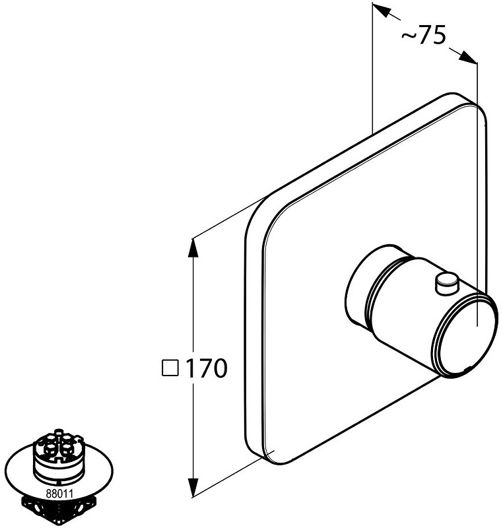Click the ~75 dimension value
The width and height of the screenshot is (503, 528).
coord(424,35)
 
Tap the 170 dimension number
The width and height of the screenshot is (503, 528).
coord(207,368)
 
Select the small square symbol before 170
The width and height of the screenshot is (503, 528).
coord(170,368)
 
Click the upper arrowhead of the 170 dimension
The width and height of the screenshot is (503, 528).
coord(193,247)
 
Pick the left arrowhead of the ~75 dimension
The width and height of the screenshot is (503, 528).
coord(381,11)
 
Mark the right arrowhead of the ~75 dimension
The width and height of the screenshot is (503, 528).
coord(468,57)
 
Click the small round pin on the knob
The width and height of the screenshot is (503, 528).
coord(447,283)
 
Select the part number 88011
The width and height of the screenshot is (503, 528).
coord(59,494)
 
